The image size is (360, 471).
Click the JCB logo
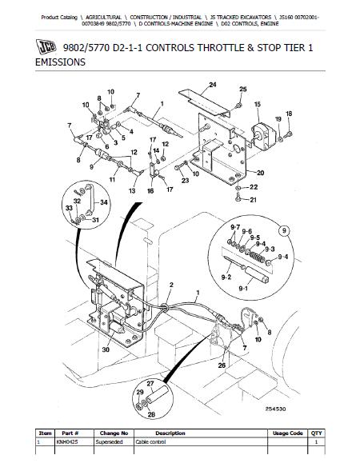46,46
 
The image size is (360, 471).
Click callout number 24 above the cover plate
213,85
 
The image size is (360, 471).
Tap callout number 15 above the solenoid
258,104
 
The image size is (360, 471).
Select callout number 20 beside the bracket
260,173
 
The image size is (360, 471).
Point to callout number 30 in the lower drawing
106,349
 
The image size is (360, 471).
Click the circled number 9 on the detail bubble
284,230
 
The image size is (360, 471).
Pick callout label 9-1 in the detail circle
243,289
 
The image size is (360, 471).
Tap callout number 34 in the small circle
104,202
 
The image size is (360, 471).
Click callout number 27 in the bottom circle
150,384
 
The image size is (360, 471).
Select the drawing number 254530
275,409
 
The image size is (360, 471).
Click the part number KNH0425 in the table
65,442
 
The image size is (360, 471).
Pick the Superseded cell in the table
110,442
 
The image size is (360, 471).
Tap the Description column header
170,433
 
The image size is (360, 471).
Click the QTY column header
317,433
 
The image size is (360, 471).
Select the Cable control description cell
150,442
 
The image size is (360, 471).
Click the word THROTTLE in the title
221,48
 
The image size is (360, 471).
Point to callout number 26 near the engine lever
222,365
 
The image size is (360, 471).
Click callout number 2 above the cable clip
171,285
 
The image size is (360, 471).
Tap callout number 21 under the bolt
253,200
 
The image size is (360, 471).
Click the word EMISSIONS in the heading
60,62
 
